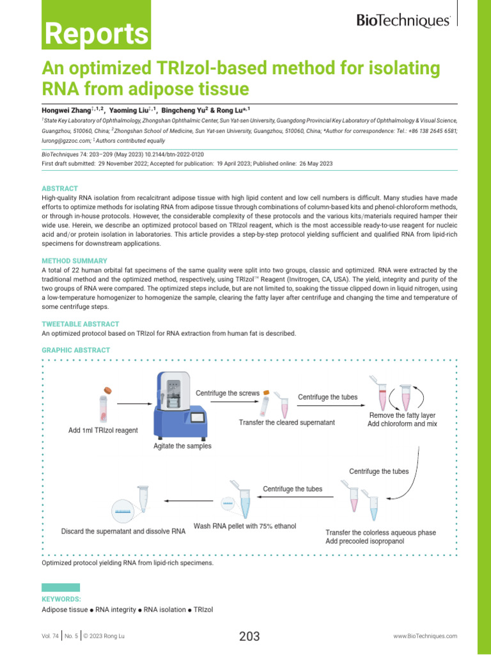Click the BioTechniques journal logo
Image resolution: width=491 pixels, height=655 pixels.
(404, 21)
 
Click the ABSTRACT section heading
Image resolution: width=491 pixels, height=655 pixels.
(59, 189)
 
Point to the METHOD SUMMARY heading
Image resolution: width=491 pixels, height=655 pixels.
(74, 261)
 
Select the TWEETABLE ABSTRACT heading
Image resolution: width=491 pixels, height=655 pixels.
(80, 324)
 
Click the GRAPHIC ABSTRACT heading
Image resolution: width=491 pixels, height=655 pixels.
(75, 351)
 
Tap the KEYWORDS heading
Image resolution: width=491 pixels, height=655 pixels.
(61, 599)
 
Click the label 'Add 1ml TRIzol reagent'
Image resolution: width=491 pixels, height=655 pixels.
(103, 430)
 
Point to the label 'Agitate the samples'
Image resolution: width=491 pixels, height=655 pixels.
(182, 446)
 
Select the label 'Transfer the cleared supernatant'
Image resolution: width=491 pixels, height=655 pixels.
(287, 423)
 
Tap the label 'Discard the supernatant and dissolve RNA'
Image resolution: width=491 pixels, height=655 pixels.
(123, 532)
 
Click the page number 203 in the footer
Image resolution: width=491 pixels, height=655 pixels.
(249, 636)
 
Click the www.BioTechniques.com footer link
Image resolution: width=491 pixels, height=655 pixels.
(425, 636)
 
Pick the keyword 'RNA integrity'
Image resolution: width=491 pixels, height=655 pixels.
(116, 610)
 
